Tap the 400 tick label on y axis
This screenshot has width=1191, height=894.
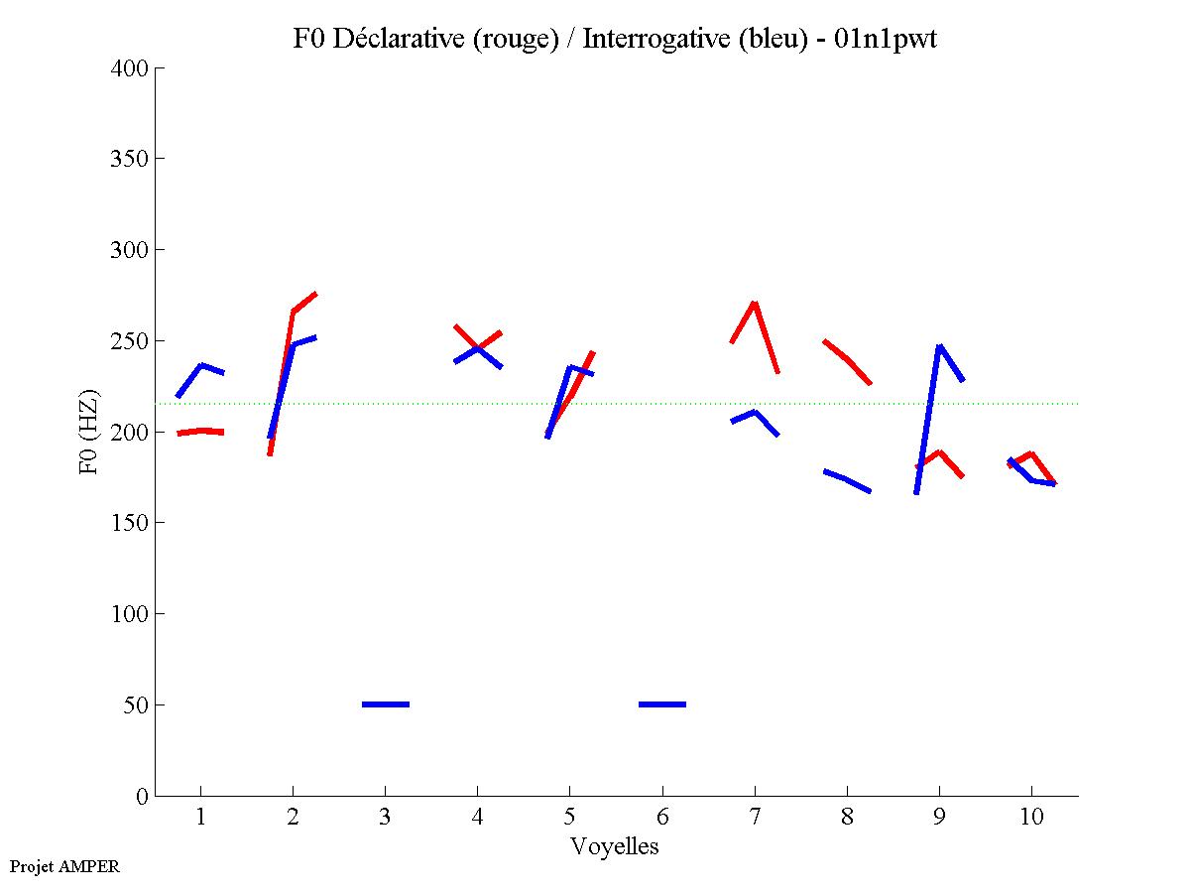point(132,68)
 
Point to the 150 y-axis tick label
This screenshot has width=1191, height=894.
point(132,523)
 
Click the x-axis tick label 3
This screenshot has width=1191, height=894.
point(385,818)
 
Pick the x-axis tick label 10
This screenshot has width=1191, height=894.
point(1031,818)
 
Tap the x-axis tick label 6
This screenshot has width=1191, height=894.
point(661,818)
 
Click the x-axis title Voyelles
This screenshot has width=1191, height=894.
point(615,846)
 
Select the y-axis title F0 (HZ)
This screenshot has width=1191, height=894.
point(88,432)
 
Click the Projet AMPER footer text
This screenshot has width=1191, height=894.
point(64,866)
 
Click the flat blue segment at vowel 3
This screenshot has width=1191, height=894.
point(386,704)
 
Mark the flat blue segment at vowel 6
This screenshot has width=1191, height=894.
point(662,704)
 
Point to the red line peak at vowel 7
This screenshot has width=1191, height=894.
point(755,303)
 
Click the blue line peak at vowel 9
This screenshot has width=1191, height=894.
point(939,346)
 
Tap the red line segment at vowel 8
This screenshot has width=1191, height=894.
point(847,359)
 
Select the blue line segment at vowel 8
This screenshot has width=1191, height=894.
point(847,479)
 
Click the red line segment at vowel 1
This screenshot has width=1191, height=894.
point(201,432)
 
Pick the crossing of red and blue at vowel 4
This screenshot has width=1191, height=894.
point(478,347)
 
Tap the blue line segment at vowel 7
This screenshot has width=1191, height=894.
point(755,413)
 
